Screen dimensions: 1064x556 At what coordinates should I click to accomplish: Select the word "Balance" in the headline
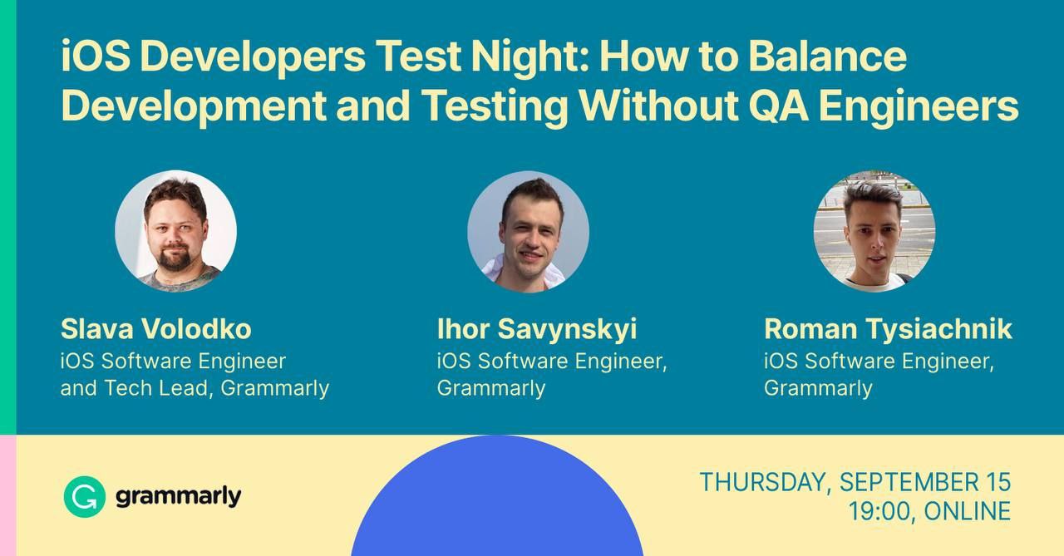click(827, 56)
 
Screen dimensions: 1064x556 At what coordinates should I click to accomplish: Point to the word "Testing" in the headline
click(494, 107)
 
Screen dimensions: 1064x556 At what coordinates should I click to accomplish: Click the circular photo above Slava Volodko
click(175, 231)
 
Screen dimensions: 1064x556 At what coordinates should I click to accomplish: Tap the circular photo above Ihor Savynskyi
click(528, 232)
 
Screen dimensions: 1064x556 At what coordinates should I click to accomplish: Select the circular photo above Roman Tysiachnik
click(874, 231)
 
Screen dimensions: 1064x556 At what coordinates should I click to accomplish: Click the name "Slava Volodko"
click(155, 328)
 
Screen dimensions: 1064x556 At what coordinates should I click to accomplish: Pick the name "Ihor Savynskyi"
click(537, 330)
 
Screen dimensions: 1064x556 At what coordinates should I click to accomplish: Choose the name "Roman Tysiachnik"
click(888, 330)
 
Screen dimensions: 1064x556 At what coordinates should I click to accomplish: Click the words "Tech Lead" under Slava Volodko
click(155, 388)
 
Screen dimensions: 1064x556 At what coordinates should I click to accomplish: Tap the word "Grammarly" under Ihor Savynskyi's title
click(491, 389)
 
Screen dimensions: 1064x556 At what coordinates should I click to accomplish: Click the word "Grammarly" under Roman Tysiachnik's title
click(819, 389)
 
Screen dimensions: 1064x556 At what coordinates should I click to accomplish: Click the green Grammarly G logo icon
click(85, 497)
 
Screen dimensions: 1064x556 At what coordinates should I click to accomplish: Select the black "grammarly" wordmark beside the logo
click(179, 498)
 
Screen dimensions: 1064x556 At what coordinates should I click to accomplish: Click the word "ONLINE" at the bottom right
click(967, 511)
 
